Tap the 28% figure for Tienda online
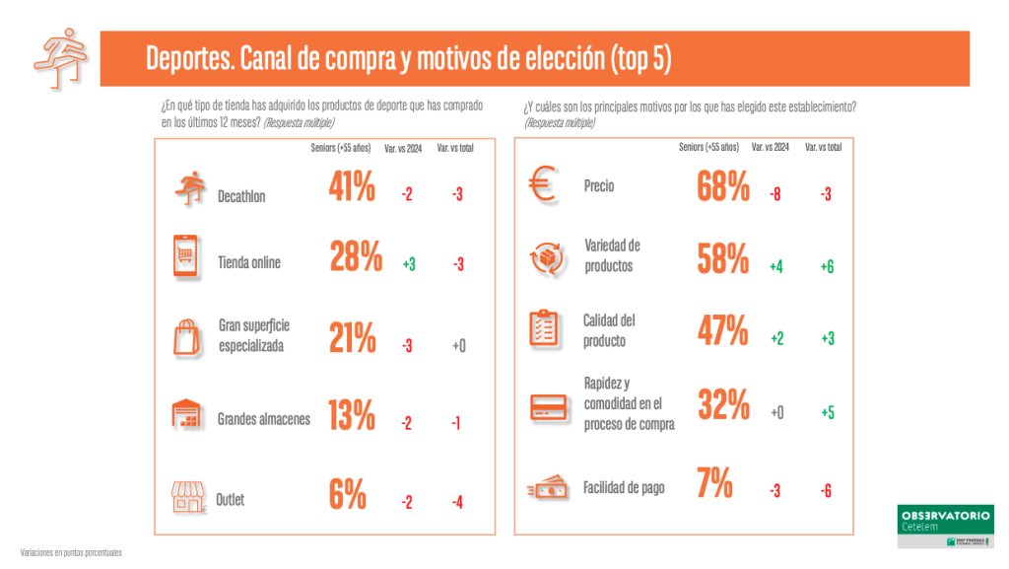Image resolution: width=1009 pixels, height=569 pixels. pos(355,257)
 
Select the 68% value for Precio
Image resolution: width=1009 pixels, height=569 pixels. pos(723,186)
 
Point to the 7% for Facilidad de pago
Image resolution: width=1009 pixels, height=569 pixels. pos(714,483)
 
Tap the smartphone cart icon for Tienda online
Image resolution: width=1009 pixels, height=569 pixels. pos(187,258)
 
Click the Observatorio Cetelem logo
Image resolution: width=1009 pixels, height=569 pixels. pos(946,526)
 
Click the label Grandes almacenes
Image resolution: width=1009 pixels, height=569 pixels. pos(264,419)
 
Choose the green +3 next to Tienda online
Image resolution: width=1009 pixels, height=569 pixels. pos(409,263)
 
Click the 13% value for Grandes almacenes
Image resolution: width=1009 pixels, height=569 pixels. pos(352,417)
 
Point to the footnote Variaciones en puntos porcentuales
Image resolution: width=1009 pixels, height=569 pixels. pos(71,552)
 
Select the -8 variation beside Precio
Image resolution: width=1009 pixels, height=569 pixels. pos(775,194)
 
